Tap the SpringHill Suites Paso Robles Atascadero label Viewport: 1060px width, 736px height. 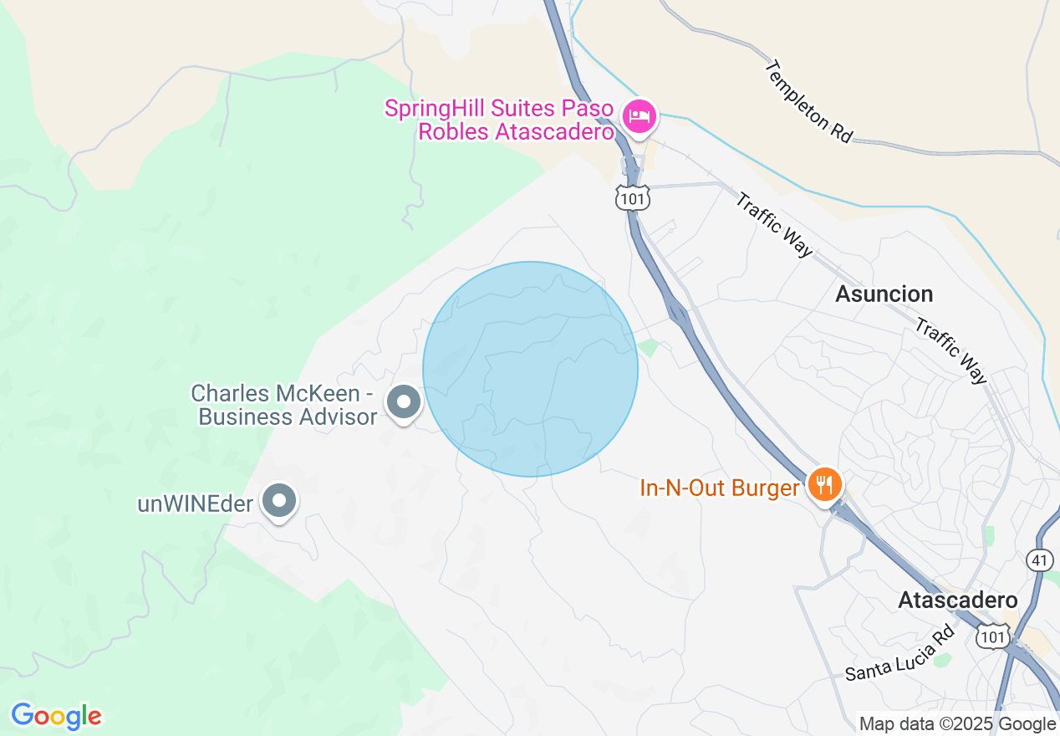click(x=499, y=120)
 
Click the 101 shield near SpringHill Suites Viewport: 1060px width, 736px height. click(x=632, y=197)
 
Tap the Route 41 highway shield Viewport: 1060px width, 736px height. click(x=1038, y=560)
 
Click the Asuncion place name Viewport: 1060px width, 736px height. click(x=884, y=294)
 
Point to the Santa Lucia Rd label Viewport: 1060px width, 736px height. click(x=899, y=654)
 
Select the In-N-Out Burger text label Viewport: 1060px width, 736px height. click(x=719, y=488)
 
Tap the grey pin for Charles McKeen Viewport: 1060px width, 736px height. click(x=404, y=403)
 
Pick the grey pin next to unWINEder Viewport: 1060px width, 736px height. click(x=279, y=502)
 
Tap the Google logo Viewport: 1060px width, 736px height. click(x=56, y=716)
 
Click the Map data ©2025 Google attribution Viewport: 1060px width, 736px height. click(x=957, y=724)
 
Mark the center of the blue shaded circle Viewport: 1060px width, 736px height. click(x=530, y=369)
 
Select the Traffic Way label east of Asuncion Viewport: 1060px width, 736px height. click(x=951, y=350)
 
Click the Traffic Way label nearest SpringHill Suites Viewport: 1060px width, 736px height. click(x=774, y=225)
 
